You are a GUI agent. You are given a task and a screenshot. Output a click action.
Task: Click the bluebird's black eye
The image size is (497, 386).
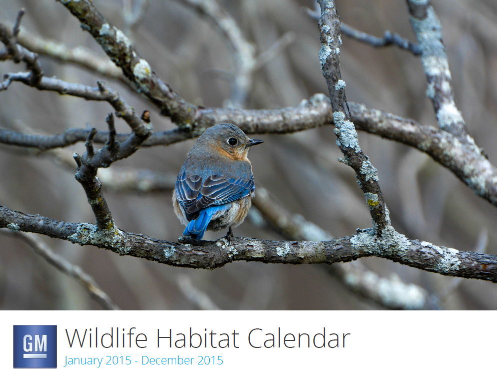tap(232, 142)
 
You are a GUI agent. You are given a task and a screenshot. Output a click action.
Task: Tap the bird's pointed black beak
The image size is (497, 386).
tap(255, 143)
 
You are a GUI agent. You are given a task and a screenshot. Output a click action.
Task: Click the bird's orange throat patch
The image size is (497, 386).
tap(232, 154)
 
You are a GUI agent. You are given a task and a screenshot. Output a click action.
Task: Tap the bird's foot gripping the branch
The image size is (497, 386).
tap(229, 235)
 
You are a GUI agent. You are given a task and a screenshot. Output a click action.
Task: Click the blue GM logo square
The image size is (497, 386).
tap(35, 346)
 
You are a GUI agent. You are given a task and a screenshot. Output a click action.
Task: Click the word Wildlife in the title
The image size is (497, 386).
tap(107, 338)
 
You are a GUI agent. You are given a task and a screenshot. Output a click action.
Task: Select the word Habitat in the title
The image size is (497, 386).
tap(197, 338)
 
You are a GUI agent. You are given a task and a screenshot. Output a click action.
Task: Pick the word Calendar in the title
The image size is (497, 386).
tap(299, 338)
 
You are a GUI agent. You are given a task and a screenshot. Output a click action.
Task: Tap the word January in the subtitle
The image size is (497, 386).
tap(83, 361)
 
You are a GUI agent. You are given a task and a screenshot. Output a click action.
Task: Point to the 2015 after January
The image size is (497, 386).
tap(119, 360)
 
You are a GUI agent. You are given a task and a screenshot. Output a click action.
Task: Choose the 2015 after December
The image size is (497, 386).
tap(210, 360)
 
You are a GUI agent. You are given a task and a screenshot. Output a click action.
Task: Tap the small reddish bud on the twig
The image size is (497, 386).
tap(146, 116)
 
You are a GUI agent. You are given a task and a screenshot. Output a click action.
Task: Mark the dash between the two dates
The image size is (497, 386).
tap(136, 361)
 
